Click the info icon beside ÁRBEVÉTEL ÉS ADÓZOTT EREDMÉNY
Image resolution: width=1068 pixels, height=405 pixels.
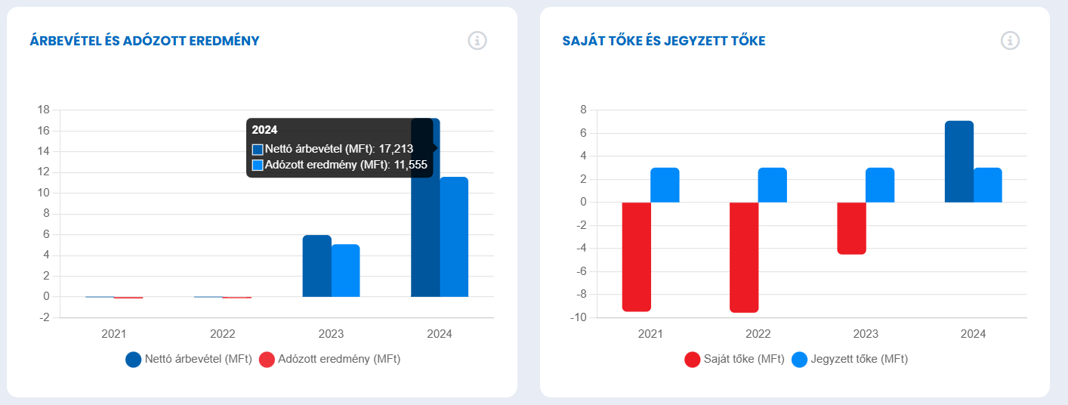coord(477,41)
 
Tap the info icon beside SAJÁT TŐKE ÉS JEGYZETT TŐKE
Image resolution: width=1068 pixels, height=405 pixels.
coord(1010,41)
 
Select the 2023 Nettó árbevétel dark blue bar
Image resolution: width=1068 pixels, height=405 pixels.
coord(317,266)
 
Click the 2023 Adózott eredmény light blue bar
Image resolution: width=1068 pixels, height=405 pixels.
coord(346,271)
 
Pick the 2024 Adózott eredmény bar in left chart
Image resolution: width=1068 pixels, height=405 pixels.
coord(454,237)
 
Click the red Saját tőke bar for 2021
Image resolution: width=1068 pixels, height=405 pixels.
coord(636,257)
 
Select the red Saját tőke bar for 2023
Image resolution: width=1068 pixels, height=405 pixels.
coord(851,228)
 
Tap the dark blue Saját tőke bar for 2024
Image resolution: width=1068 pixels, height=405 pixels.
coord(959,162)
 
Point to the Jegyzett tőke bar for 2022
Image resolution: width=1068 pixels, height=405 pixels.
coord(773,185)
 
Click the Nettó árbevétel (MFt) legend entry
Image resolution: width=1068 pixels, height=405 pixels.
coord(187,360)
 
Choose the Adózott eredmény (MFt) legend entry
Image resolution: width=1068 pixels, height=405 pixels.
coord(330,360)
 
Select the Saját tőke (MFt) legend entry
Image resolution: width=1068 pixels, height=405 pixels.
coord(734,360)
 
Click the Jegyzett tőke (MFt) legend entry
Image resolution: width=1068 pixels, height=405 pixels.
coord(850,360)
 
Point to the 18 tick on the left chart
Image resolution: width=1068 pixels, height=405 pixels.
coord(44,110)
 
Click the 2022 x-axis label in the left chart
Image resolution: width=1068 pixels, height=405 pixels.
coord(222,333)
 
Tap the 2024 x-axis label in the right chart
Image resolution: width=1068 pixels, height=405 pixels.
coord(973,333)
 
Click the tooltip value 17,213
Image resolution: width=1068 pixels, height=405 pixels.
coord(395,149)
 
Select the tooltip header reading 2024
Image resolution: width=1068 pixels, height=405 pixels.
coord(264,130)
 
